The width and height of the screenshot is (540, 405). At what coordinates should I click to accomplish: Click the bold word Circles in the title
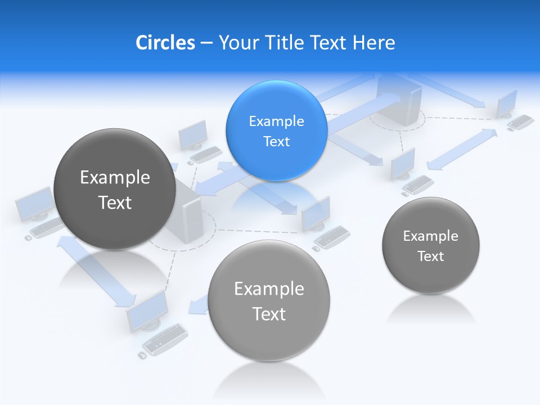(165, 42)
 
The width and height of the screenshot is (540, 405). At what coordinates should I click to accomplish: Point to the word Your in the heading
(237, 42)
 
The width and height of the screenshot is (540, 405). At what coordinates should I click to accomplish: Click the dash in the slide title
(206, 43)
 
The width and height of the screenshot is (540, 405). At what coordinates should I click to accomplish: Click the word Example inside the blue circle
(276, 121)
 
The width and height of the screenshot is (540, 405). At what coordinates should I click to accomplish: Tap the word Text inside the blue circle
(276, 141)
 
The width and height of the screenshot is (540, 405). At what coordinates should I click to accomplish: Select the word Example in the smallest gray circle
(430, 236)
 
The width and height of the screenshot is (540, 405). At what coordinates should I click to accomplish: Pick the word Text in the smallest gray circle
(431, 256)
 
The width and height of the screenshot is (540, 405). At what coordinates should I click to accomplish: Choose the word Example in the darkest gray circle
(115, 177)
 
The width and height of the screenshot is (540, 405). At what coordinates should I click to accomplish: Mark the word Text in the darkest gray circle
(115, 202)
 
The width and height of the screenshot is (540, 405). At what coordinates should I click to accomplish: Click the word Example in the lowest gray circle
(269, 289)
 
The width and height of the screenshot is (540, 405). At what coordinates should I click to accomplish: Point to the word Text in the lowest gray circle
(269, 314)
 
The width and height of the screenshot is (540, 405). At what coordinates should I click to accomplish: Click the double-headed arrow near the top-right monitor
(462, 149)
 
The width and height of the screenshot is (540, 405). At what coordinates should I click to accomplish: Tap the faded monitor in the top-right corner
(507, 104)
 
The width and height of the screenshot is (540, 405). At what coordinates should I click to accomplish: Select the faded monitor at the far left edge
(35, 204)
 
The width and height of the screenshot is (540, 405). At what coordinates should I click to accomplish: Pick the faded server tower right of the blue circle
(399, 101)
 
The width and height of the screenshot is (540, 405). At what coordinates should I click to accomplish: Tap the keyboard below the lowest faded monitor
(163, 339)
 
